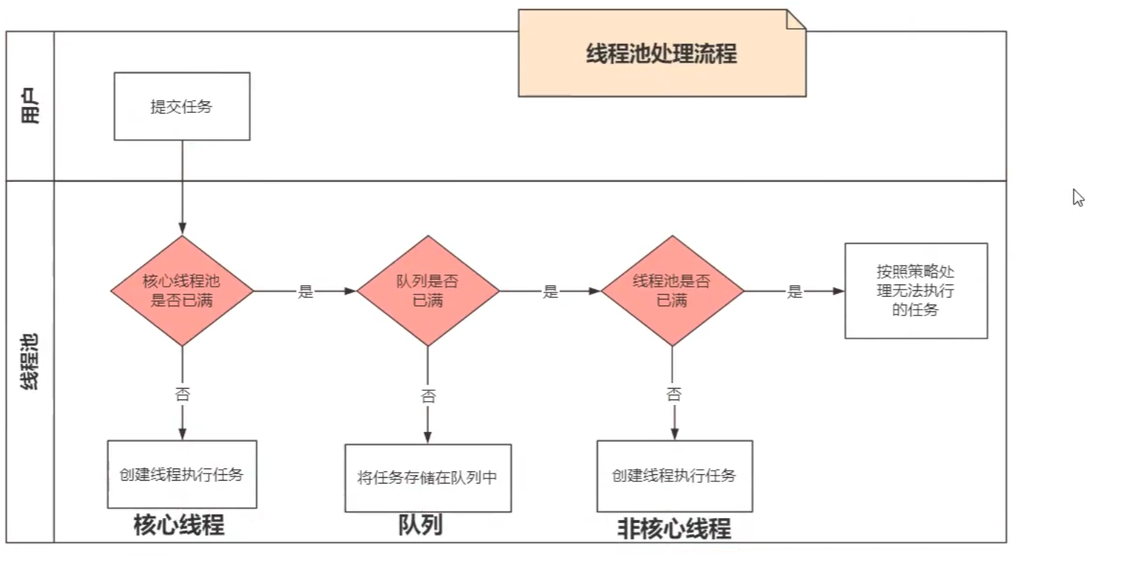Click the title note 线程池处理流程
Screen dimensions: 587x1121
click(x=661, y=54)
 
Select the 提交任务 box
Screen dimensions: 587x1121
click(x=182, y=106)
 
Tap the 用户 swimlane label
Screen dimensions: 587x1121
click(x=30, y=106)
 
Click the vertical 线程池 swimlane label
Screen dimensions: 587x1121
click(x=30, y=361)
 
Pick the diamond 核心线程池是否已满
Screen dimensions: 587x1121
click(x=182, y=291)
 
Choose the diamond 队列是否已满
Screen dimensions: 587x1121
click(x=427, y=291)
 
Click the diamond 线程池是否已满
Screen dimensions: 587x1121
click(x=671, y=291)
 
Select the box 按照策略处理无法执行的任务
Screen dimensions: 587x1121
click(x=916, y=291)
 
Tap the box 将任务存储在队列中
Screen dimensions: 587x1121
click(x=427, y=478)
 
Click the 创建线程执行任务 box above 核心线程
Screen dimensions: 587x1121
click(x=182, y=475)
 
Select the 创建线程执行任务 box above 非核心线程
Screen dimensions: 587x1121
click(x=674, y=476)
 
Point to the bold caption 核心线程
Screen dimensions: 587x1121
click(x=179, y=525)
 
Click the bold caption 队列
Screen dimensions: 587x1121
click(x=421, y=525)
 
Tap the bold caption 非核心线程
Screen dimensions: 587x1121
click(x=674, y=529)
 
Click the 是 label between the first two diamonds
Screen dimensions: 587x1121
click(x=306, y=292)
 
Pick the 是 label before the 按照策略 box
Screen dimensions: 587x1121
click(x=794, y=292)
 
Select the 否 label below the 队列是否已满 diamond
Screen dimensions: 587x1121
click(x=428, y=396)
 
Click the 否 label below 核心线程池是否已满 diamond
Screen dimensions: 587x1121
click(x=182, y=394)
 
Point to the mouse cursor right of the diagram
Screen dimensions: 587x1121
click(x=1078, y=198)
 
